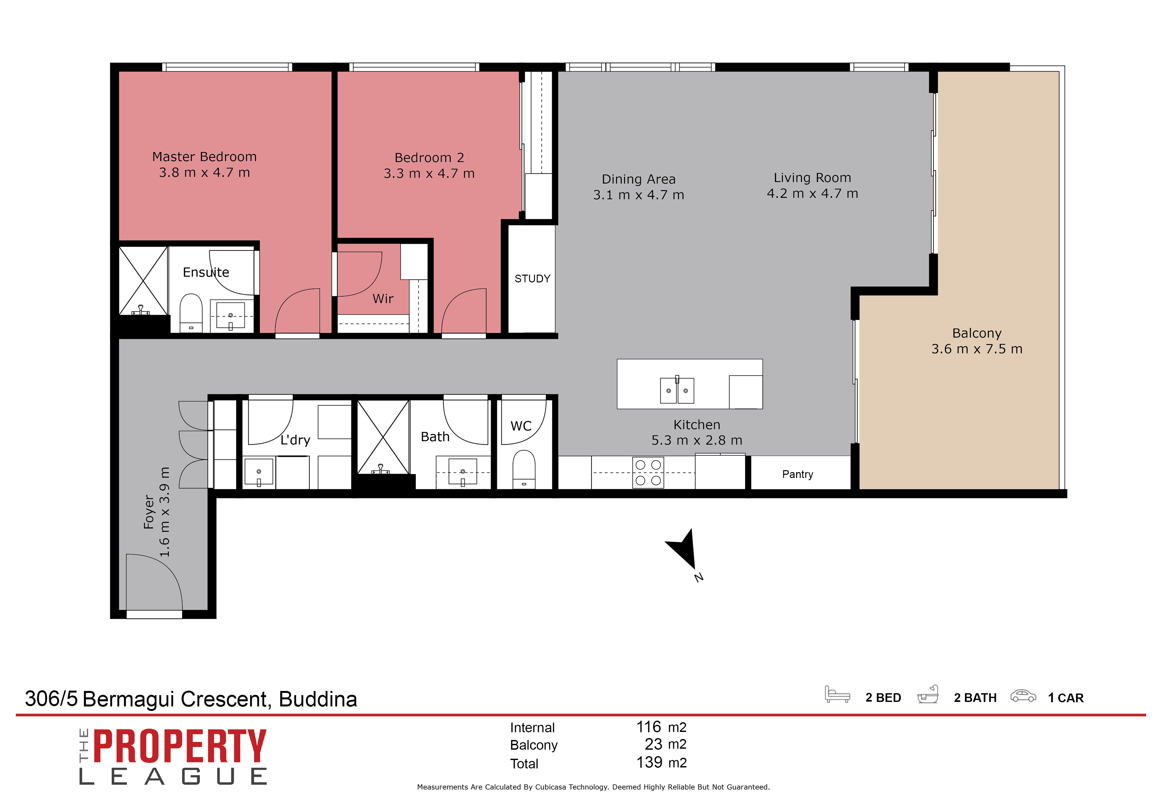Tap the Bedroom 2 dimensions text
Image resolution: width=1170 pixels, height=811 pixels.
[x=429, y=173]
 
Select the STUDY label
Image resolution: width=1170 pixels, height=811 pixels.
[x=532, y=279]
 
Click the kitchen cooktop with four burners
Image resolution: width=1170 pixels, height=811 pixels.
[x=648, y=472]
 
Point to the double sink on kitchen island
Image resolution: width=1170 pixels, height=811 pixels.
[x=677, y=390]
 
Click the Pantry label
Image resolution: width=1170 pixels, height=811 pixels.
[x=797, y=474]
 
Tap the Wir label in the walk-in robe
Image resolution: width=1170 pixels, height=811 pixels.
[x=383, y=299]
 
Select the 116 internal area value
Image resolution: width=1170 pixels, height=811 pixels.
[x=649, y=727]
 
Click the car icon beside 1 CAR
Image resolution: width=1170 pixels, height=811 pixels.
[x=1022, y=696]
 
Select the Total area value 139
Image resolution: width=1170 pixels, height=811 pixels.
[x=649, y=762]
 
